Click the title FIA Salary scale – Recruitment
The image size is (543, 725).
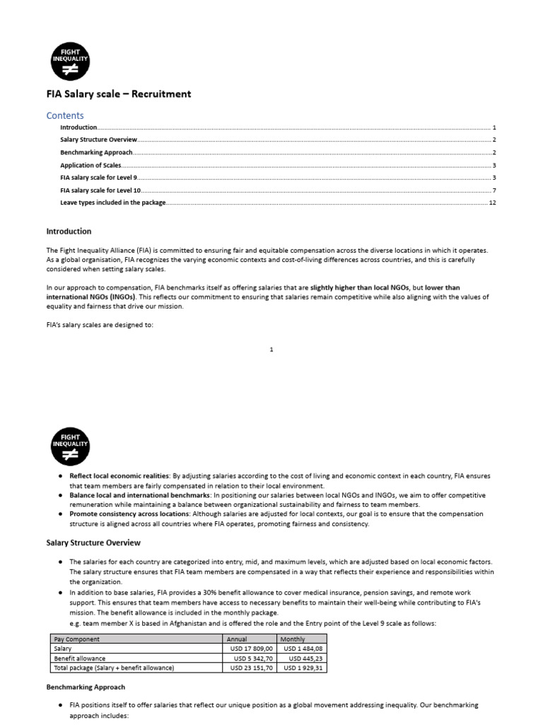[x=118, y=94]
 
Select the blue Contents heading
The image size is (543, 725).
[x=65, y=115]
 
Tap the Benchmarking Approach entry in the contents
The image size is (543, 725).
[x=96, y=152]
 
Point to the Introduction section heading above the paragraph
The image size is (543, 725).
[x=69, y=232]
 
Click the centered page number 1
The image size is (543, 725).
[x=271, y=349]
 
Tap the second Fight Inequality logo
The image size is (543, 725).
[x=70, y=444]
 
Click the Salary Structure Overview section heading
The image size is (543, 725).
[x=93, y=543]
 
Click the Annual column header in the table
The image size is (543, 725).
[x=237, y=639]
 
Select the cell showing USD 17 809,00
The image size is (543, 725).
[x=251, y=648]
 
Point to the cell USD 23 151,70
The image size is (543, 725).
[x=251, y=668]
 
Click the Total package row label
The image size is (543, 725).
[x=114, y=668]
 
